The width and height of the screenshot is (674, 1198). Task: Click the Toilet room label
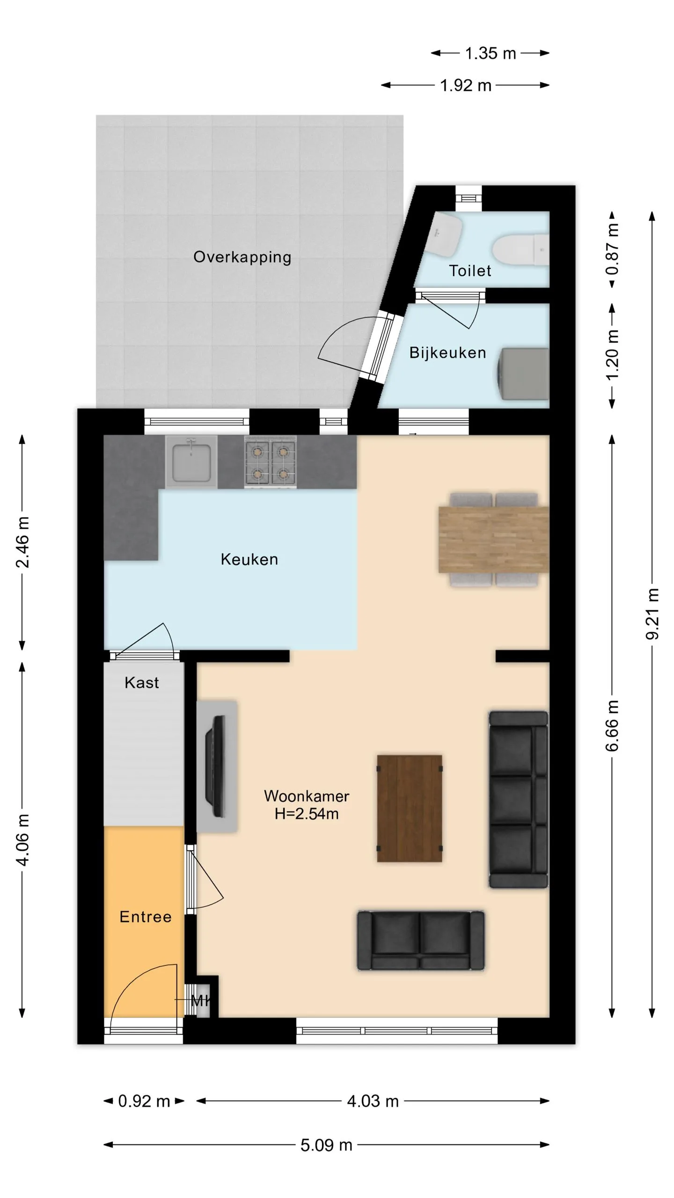(470, 270)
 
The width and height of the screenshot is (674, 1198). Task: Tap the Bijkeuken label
(448, 352)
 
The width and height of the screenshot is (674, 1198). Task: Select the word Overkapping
(242, 257)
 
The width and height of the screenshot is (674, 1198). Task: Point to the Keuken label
(249, 559)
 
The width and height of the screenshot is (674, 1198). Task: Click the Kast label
(142, 683)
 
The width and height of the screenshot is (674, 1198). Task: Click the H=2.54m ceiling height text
(307, 814)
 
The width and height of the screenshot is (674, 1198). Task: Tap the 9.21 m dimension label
(652, 614)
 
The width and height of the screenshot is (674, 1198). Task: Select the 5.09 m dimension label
(326, 1145)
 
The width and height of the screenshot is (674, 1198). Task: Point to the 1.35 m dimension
(491, 53)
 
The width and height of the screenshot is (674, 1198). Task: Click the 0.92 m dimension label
(144, 1101)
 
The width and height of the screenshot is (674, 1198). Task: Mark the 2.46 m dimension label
(22, 542)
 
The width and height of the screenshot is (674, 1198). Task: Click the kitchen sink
(191, 462)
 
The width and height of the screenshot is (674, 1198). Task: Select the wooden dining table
(494, 540)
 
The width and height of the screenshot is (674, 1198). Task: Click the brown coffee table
(410, 808)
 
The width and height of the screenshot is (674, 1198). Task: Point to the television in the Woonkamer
(216, 766)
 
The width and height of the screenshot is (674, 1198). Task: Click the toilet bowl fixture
(520, 250)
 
